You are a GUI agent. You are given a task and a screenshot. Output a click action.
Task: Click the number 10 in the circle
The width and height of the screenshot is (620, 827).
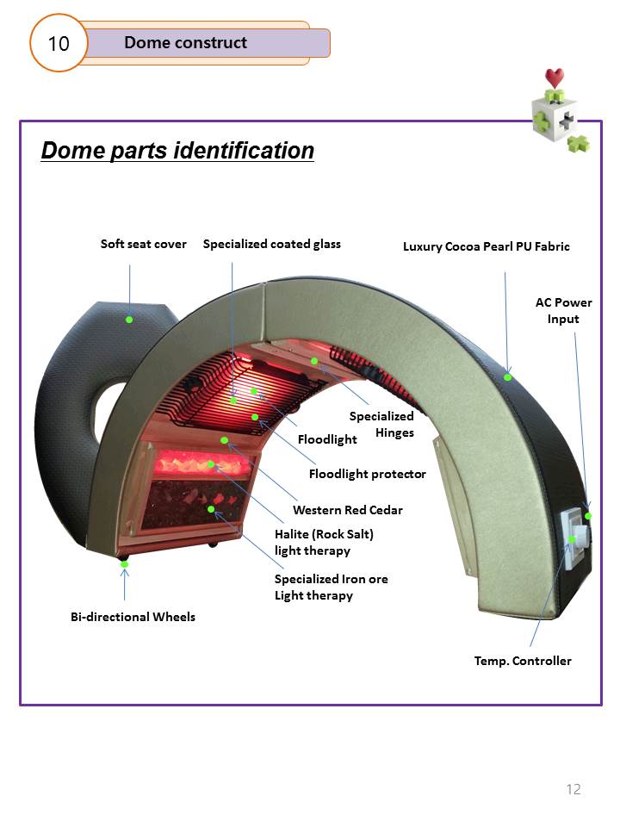coord(59,42)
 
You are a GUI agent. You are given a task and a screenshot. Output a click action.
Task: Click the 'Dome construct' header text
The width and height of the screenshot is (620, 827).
coord(185,42)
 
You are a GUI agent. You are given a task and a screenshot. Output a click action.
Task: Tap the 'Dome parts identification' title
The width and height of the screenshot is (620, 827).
coord(177,151)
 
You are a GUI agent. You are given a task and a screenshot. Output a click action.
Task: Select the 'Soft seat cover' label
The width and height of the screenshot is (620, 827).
coord(143,244)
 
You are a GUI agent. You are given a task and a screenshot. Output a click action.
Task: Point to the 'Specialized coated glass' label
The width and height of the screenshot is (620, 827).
coord(271,244)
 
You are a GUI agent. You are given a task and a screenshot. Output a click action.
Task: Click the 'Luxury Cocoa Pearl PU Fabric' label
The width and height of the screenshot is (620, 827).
coord(486,246)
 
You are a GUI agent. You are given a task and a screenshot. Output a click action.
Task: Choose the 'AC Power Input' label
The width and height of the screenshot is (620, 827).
coord(563,310)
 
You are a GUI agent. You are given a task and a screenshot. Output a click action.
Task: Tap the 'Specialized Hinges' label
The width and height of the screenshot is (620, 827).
coord(381,424)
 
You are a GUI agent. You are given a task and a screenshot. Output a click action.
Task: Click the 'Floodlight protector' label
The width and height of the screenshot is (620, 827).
coord(367,474)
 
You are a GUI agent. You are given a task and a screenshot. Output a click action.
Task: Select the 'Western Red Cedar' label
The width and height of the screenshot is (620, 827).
coord(347,510)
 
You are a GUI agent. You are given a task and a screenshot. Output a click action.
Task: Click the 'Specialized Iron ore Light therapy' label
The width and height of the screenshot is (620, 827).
coord(331,587)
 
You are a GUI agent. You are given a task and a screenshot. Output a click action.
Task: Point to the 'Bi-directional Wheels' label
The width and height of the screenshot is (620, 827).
coord(132,617)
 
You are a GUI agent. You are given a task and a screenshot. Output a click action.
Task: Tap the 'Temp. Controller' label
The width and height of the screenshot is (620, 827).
coord(523,661)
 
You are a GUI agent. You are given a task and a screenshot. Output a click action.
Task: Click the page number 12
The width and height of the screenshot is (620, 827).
coord(573,789)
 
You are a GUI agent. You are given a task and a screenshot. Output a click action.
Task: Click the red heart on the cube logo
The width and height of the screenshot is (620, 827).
coord(555,78)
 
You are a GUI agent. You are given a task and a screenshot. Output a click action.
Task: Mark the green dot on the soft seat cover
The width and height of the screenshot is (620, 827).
coord(129,320)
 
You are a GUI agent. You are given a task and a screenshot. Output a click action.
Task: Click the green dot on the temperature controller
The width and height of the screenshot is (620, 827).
coord(571,540)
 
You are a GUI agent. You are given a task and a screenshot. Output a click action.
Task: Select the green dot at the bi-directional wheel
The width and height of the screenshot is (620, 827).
coord(125,564)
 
